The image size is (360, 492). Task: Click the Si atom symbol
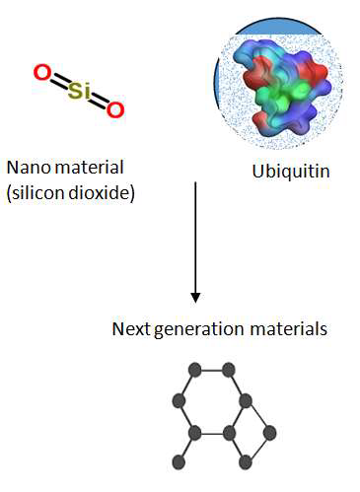[78, 91]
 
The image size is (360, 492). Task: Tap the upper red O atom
[41, 73]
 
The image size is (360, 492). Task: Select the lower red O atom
[115, 109]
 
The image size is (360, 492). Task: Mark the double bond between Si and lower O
[98, 101]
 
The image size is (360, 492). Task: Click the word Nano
[27, 168]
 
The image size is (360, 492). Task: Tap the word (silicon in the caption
[36, 191]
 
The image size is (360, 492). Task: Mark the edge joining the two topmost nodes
[211, 370]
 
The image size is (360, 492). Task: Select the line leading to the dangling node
[188, 447]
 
